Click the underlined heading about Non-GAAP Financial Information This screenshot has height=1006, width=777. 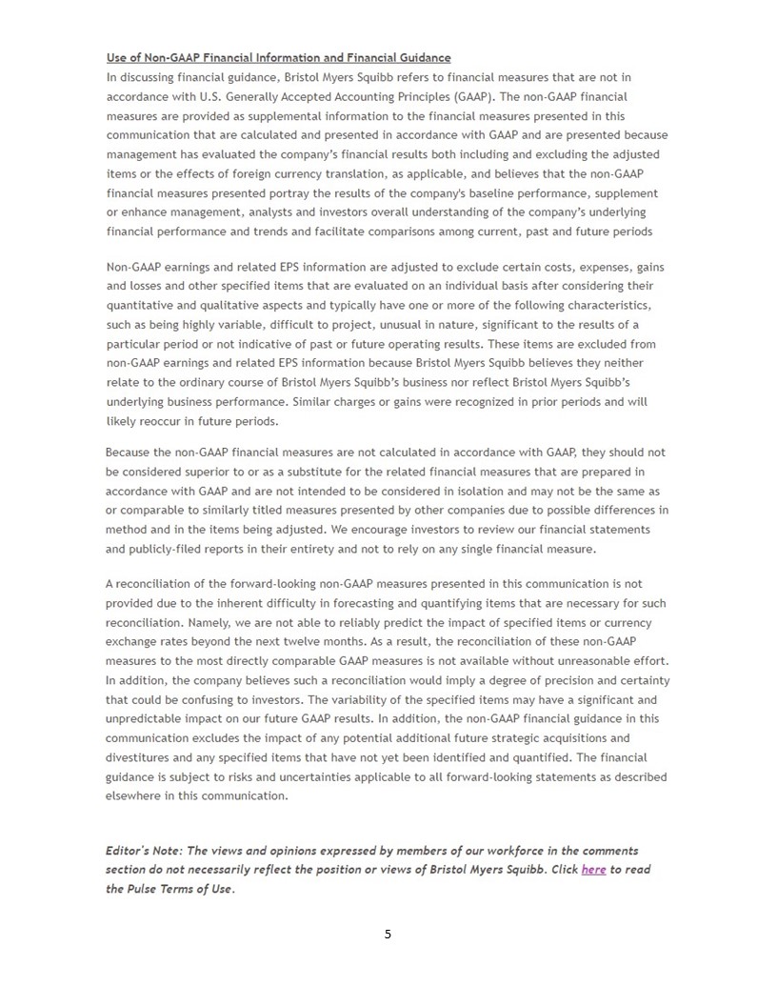pos(278,58)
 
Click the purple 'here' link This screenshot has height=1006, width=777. pos(593,870)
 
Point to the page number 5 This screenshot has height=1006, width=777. pos(388,935)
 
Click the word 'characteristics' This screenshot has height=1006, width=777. pos(598,305)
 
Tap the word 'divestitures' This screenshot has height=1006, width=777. pos(141,757)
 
